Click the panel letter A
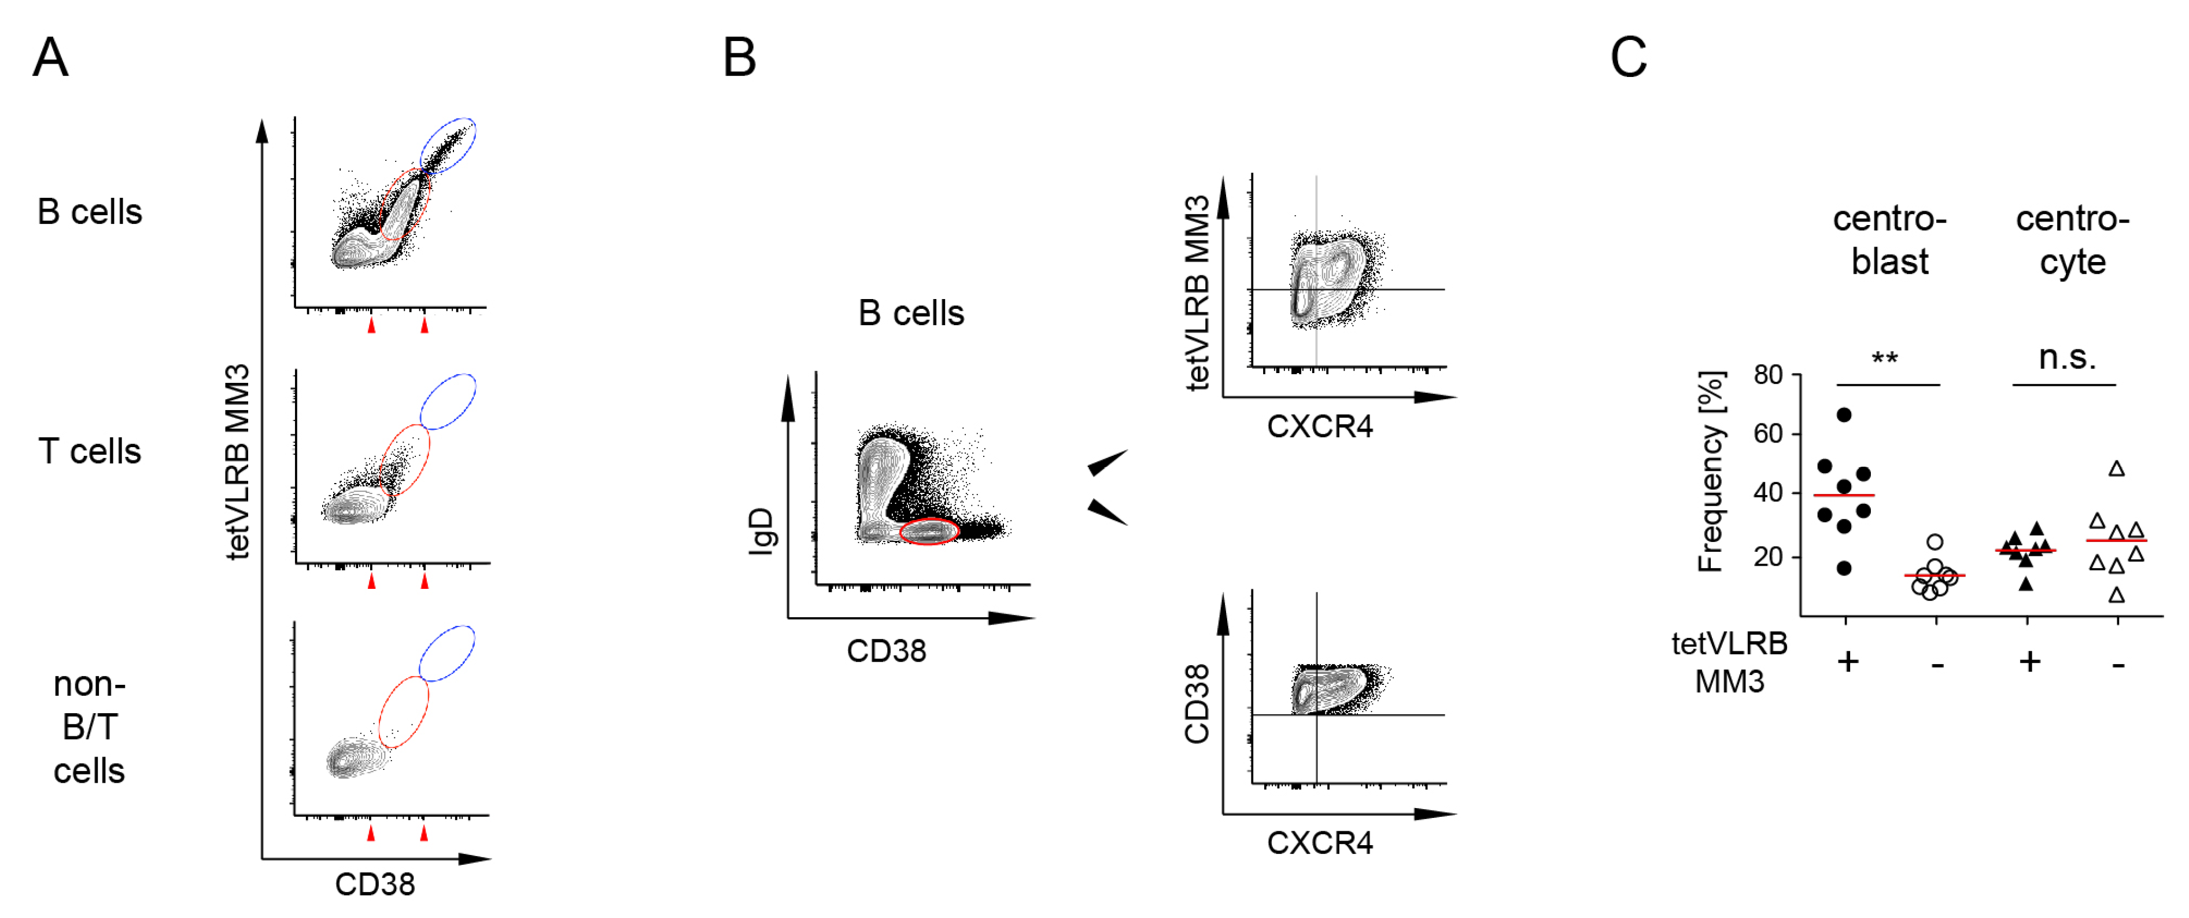(x=50, y=58)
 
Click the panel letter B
(x=739, y=58)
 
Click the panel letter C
(x=1628, y=58)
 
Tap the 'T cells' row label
(x=89, y=451)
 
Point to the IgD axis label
(x=762, y=531)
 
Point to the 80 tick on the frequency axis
(x=1769, y=375)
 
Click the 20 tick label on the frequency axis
(x=1769, y=556)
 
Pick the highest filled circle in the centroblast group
(x=1844, y=415)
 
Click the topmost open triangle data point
(x=2117, y=469)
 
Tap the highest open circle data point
(x=1935, y=541)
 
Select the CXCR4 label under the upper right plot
(x=1320, y=427)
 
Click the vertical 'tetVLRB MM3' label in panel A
(x=238, y=462)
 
